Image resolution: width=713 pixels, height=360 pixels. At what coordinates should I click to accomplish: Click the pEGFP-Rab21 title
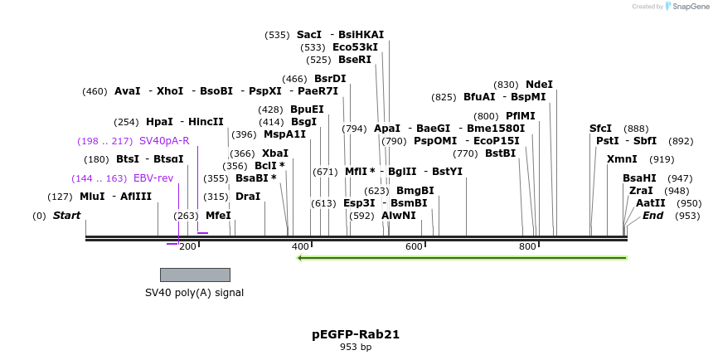coord(356,334)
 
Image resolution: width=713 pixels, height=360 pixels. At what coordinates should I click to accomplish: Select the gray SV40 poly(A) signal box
coord(195,275)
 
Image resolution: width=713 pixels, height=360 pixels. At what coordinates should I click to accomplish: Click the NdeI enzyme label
coord(539,85)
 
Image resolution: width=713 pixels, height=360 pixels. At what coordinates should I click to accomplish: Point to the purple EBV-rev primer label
coord(153,178)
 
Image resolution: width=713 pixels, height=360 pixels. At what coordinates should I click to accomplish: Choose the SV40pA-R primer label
coord(164,141)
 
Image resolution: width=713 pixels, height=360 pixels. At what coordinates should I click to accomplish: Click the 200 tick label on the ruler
coord(187,246)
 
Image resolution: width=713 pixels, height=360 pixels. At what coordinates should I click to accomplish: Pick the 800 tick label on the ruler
coord(527,246)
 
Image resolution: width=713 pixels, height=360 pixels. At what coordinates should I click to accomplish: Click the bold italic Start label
coord(67,216)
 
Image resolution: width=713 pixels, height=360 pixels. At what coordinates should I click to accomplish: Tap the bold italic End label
coord(653,216)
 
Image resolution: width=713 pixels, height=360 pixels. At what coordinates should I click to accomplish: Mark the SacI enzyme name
coord(309,35)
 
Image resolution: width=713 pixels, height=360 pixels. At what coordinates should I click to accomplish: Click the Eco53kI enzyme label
coord(355,47)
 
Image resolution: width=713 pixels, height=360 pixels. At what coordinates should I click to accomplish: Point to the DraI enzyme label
coord(248,197)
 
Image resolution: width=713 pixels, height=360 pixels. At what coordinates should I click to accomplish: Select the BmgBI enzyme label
coord(415,191)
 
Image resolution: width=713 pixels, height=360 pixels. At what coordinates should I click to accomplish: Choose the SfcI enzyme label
coord(601,129)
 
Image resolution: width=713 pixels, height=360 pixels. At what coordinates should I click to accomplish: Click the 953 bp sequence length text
coord(356,348)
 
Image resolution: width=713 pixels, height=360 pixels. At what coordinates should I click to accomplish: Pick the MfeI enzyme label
coord(218,216)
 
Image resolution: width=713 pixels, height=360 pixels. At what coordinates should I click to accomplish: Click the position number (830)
coord(506,85)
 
